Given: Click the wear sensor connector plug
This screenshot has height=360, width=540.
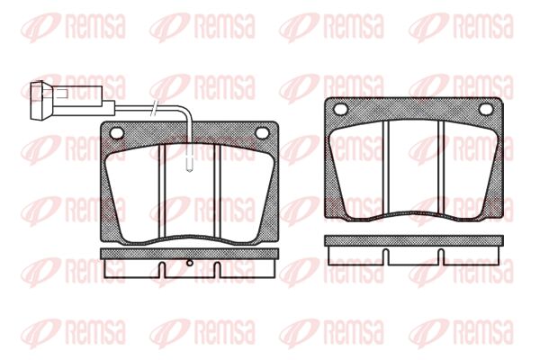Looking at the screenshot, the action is coord(41,101).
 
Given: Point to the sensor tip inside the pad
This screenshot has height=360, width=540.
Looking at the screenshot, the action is coord(189,162).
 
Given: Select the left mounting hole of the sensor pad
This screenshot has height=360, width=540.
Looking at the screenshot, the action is coord(116,133).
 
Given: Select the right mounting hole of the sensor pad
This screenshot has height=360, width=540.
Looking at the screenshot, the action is coord(262,133).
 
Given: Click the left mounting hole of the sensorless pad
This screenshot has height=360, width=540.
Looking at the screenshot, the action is coord(340,109).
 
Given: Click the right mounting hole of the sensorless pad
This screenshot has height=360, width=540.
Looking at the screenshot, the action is coord(486,109).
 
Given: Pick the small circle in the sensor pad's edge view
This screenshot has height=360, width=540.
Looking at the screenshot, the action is coord(189,263).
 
